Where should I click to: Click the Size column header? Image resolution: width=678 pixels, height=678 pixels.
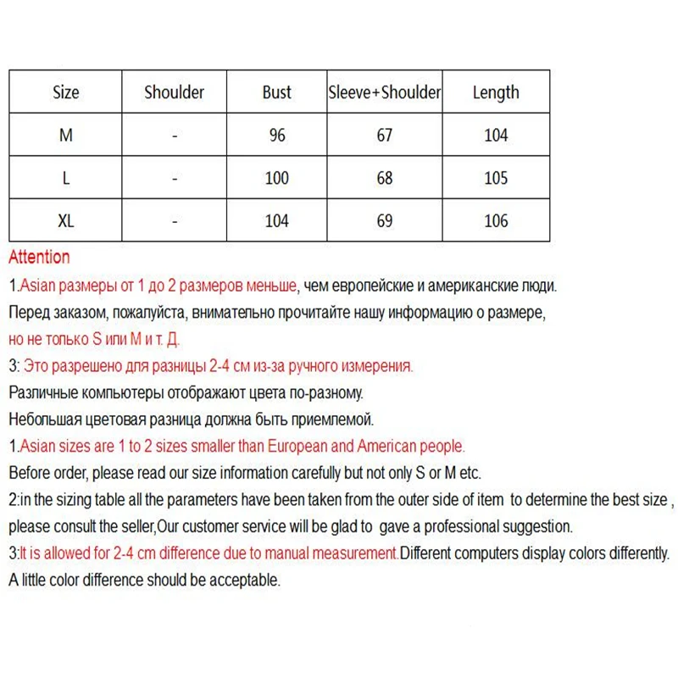[x=65, y=92]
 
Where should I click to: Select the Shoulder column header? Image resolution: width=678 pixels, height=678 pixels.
[x=174, y=92]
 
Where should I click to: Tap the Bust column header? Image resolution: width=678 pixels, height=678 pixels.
[x=276, y=92]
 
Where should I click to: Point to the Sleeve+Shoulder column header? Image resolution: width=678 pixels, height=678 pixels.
[x=385, y=92]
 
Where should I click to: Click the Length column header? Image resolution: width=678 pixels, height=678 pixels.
[x=496, y=92]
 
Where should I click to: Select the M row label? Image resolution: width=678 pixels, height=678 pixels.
[x=65, y=136]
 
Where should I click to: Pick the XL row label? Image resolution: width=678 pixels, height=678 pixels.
[x=65, y=221]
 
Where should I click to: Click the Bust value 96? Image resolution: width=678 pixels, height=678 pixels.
[x=276, y=136]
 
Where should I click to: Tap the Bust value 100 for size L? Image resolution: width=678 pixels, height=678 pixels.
[x=276, y=178]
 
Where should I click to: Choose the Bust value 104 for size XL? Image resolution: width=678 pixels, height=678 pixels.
[x=276, y=221]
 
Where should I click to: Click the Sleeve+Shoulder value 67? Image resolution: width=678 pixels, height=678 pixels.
[x=385, y=136]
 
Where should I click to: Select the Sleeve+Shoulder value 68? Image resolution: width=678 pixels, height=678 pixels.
[x=385, y=178]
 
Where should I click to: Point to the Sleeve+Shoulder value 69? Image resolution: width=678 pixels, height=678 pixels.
[x=385, y=221]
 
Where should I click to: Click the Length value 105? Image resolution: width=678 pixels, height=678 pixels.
[x=496, y=178]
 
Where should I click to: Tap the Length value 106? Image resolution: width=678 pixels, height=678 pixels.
[x=496, y=221]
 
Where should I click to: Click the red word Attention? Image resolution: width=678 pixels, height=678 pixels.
[x=39, y=258]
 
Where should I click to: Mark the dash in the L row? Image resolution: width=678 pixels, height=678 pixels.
[x=174, y=179]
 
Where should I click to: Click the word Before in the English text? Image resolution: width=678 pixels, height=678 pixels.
[x=29, y=473]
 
